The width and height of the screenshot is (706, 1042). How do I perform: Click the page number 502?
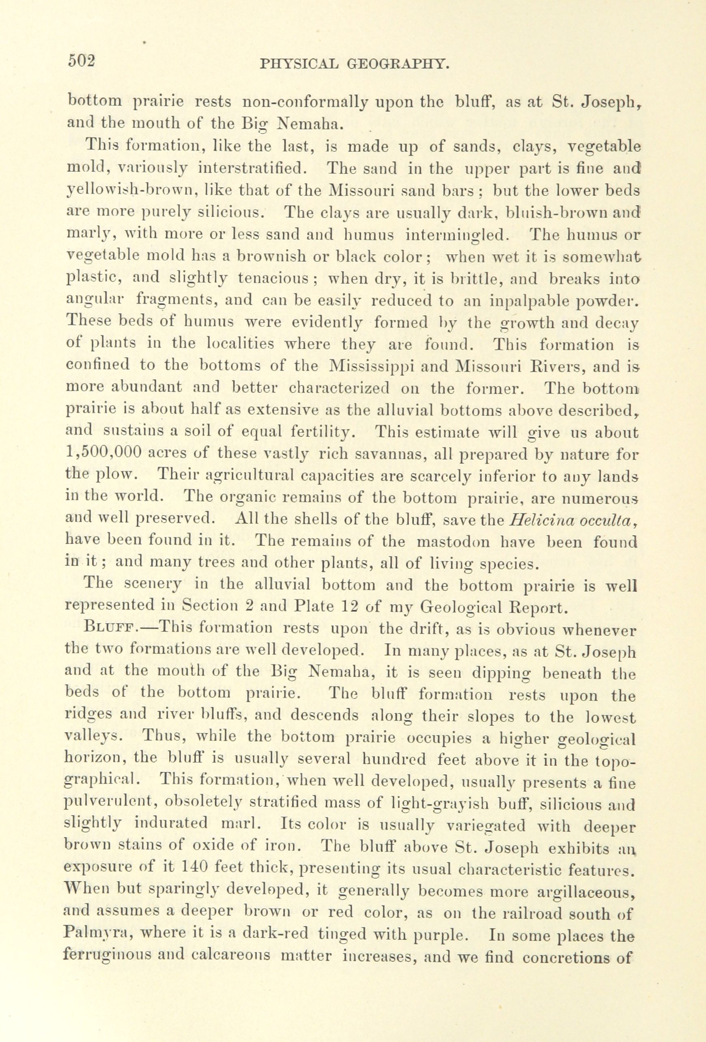coord(81,60)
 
